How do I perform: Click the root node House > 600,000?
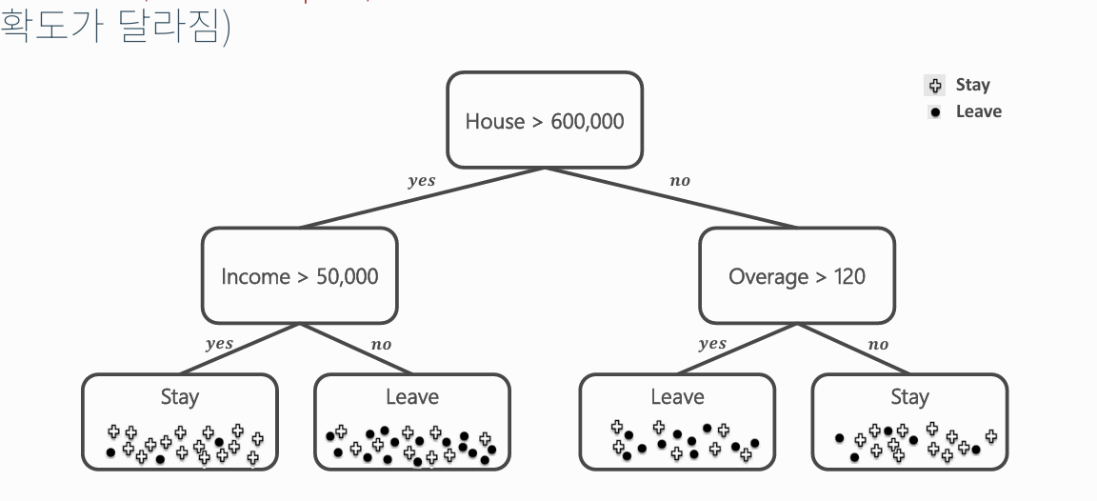[x=544, y=121]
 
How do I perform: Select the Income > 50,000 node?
[x=299, y=276]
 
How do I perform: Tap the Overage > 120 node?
[x=796, y=276]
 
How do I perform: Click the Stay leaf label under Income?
[x=179, y=396]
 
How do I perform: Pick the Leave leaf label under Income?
[x=411, y=396]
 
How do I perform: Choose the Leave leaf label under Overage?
[x=677, y=396]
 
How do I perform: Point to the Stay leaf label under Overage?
[x=909, y=396]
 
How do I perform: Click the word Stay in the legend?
[x=972, y=85]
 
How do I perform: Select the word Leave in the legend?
[x=978, y=111]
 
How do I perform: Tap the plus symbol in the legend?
[x=935, y=86]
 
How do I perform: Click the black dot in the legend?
[x=935, y=112]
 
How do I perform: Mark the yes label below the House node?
[x=421, y=181]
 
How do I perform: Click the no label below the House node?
[x=679, y=181]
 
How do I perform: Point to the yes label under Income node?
[x=219, y=344]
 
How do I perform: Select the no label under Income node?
[x=381, y=345]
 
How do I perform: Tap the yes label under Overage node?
[x=711, y=344]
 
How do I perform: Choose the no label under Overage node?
[x=878, y=345]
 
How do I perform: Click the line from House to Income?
[x=422, y=198]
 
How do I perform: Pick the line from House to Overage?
[x=671, y=198]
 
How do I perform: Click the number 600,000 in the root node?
[x=588, y=122]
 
